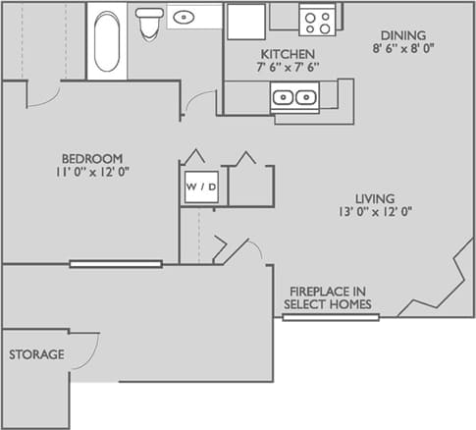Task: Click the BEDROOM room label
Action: coord(92,158)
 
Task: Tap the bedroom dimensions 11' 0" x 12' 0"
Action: coord(92,171)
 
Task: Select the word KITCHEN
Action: coord(287,53)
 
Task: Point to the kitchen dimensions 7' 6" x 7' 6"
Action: coord(287,68)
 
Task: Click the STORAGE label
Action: coord(36,354)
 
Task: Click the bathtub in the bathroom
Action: coord(107,41)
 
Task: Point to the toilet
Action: coord(149,23)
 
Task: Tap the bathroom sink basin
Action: coord(184,17)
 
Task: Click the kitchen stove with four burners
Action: coord(317,19)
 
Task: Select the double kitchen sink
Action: coord(294,96)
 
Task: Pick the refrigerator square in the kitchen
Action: coord(245,22)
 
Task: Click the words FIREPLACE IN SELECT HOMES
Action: coord(329,297)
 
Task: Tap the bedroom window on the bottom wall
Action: coord(116,263)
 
